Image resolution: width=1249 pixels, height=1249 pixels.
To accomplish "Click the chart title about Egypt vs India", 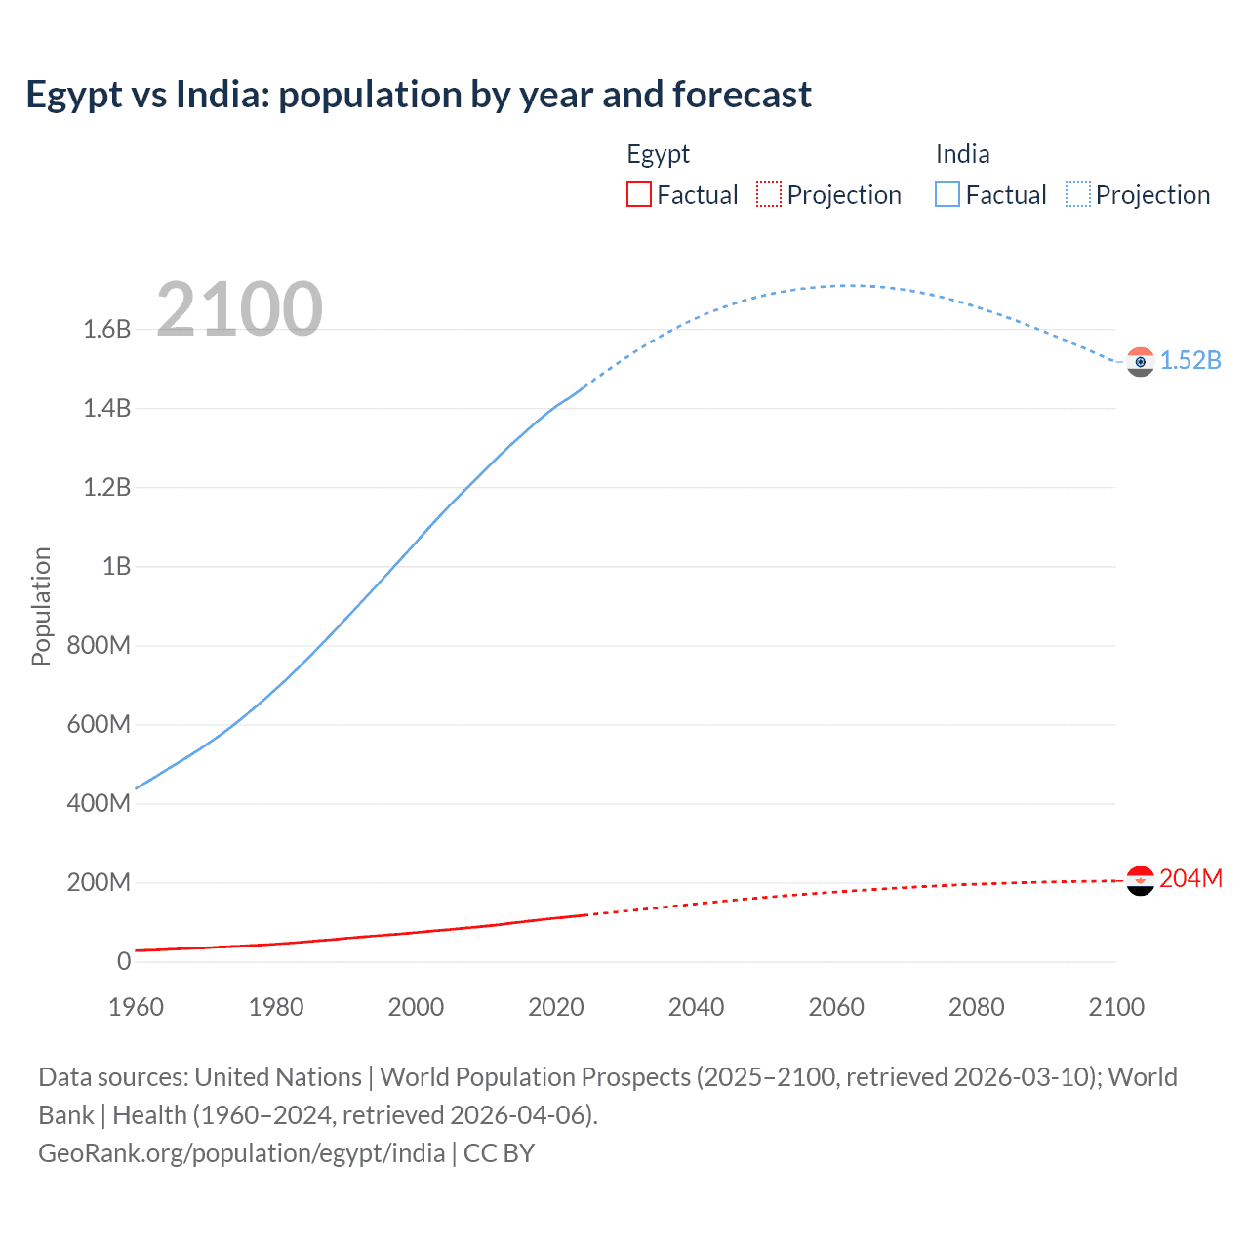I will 419,95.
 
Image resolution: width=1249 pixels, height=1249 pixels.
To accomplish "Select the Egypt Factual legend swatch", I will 638,195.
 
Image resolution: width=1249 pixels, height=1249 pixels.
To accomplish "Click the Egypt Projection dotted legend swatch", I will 769,195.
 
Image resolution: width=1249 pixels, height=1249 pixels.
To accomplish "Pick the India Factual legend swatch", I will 947,195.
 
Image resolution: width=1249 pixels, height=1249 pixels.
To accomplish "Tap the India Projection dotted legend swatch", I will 1077,195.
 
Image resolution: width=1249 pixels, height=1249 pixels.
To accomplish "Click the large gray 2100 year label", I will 239,309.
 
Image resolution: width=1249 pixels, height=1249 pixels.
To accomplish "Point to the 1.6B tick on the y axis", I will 107,330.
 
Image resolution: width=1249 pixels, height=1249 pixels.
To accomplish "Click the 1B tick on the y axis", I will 116,567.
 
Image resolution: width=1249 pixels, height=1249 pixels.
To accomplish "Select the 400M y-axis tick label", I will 100,804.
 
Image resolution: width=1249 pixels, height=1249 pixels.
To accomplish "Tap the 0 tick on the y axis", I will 124,962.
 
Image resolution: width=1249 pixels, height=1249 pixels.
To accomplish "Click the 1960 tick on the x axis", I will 136,1007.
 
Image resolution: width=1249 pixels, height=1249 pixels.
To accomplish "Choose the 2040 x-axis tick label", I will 696,1007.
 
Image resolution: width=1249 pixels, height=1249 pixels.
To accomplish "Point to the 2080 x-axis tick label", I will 976,1007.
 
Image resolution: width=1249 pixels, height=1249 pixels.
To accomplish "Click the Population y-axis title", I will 41,606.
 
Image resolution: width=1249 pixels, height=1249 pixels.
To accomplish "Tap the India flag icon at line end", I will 1140,362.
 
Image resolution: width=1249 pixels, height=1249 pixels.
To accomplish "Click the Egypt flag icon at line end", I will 1140,880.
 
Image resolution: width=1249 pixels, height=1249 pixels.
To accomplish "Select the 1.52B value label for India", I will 1190,361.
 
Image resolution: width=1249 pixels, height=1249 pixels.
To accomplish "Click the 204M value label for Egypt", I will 1190,879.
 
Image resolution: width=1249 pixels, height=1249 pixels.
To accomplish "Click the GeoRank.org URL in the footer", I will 241,1153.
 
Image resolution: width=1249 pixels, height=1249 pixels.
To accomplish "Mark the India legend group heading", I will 962,154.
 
